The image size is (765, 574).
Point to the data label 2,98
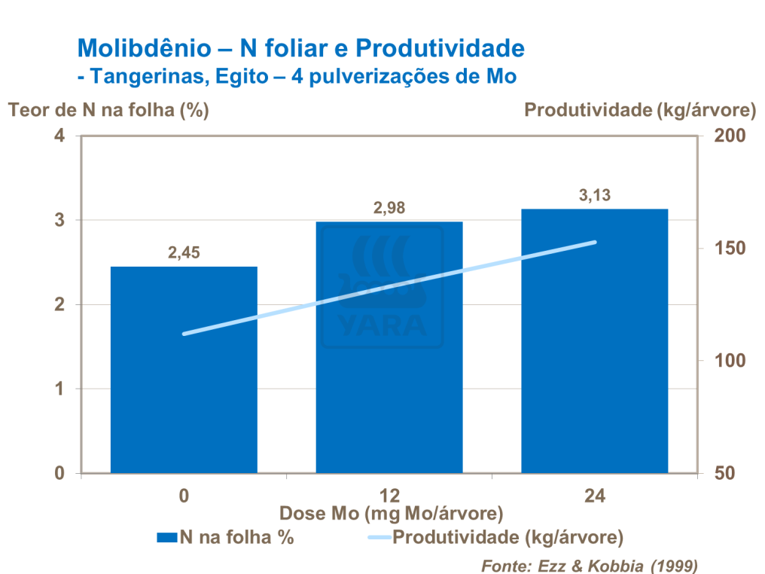(389, 208)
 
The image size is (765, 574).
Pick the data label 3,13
(594, 196)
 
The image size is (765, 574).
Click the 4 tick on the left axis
(59, 136)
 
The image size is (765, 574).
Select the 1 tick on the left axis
(59, 389)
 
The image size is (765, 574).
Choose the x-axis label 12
(389, 496)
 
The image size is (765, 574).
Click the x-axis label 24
(594, 496)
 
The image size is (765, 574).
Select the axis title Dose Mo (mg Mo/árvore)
(391, 514)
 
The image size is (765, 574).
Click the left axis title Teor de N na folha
(108, 110)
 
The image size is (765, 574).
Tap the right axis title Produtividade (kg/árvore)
(639, 110)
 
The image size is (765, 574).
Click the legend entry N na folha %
(236, 537)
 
